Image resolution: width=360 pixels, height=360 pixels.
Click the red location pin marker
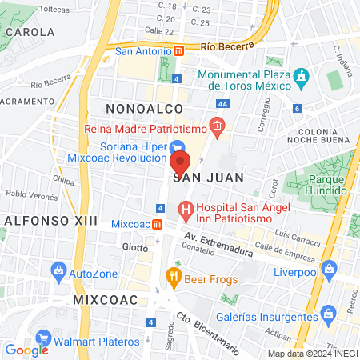(180, 164)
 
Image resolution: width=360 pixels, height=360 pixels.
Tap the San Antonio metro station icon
(179, 51)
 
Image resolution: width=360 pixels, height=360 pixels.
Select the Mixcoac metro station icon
(158, 223)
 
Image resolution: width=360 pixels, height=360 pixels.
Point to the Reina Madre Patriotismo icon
(216, 126)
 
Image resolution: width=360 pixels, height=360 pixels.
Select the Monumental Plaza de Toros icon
(301, 79)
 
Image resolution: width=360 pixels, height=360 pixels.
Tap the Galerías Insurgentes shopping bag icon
(326, 311)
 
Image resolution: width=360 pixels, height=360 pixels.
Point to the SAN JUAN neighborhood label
(197, 175)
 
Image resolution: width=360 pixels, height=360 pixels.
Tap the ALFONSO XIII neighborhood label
(50, 220)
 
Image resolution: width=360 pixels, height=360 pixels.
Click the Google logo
(26, 350)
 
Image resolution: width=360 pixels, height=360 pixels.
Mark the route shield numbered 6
(297, 108)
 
